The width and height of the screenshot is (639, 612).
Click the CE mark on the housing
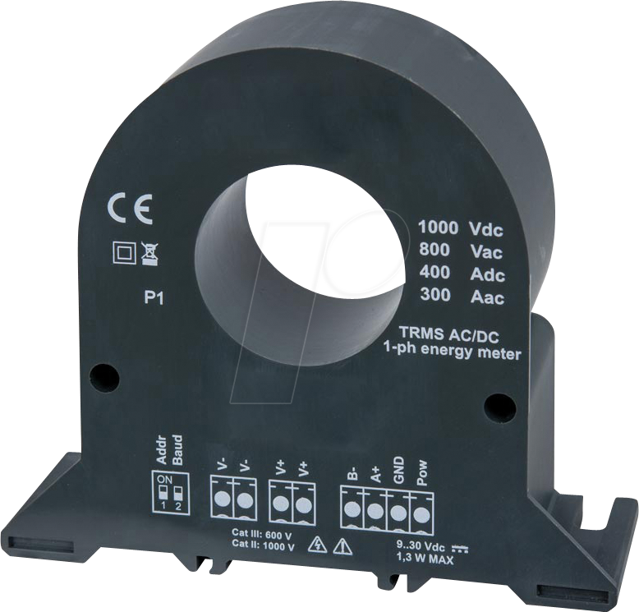coord(129,209)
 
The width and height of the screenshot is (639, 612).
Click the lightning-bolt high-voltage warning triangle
coord(315,544)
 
